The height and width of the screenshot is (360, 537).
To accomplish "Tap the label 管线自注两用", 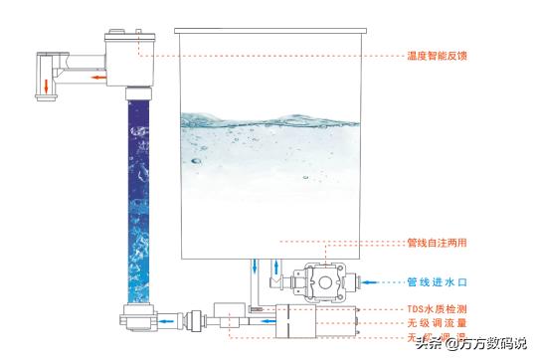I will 437,242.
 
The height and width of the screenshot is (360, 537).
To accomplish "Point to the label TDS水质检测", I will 437,309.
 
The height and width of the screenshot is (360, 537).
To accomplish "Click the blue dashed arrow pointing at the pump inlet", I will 371,280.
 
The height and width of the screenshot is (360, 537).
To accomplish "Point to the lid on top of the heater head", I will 131,37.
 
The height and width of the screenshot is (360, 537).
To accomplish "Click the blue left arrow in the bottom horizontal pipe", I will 177,321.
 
